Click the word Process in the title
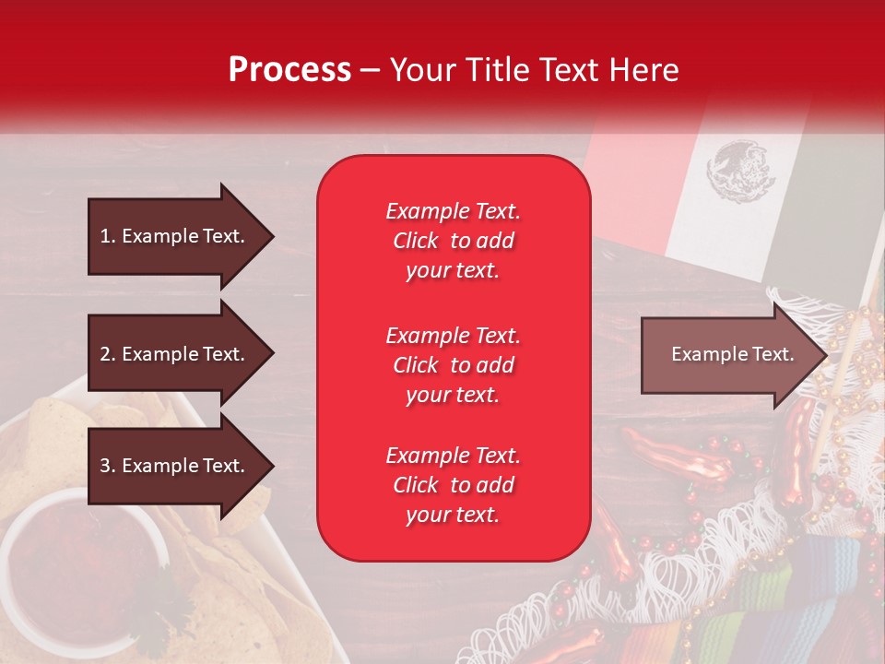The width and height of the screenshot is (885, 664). pos(289,70)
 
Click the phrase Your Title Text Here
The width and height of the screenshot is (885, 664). pos(534,70)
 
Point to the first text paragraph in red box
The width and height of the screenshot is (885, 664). pos(453,241)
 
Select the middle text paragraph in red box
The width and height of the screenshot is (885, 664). pos(453,365)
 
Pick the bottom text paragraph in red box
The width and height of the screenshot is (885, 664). pos(453,485)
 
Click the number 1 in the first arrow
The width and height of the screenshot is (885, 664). pos(105,236)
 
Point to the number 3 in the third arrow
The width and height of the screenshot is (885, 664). pos(105,466)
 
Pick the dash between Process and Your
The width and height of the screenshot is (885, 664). pos(370,70)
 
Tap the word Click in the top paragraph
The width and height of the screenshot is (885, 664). pos(415,241)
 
